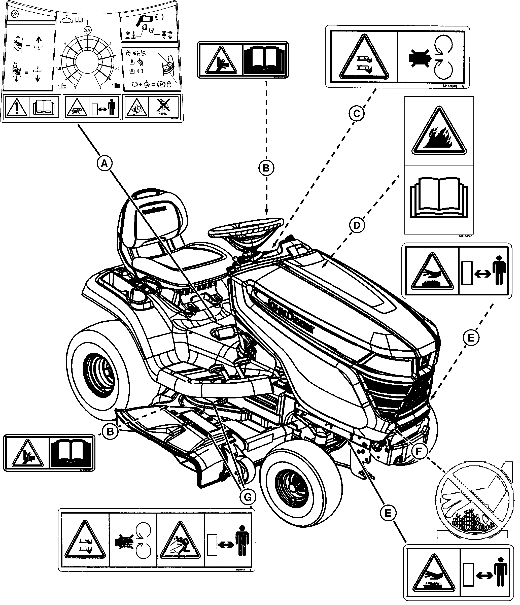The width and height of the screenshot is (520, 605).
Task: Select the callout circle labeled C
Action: pyautogui.click(x=357, y=114)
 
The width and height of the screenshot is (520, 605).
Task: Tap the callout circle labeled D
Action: pyautogui.click(x=357, y=225)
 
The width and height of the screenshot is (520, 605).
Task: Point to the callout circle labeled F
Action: pyautogui.click(x=419, y=451)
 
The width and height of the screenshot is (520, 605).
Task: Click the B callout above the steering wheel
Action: pyautogui.click(x=266, y=168)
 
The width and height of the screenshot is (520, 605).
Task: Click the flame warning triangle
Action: pyautogui.click(x=439, y=132)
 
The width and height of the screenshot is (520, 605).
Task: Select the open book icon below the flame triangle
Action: pyautogui.click(x=439, y=197)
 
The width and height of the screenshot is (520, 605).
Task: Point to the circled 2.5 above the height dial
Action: pyautogui.click(x=87, y=30)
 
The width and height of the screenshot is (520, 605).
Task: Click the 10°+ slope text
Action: pyautogui.click(x=163, y=114)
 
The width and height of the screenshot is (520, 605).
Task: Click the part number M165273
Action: pyautogui.click(x=465, y=236)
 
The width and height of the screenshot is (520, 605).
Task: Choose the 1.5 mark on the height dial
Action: pyautogui.click(x=58, y=68)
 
